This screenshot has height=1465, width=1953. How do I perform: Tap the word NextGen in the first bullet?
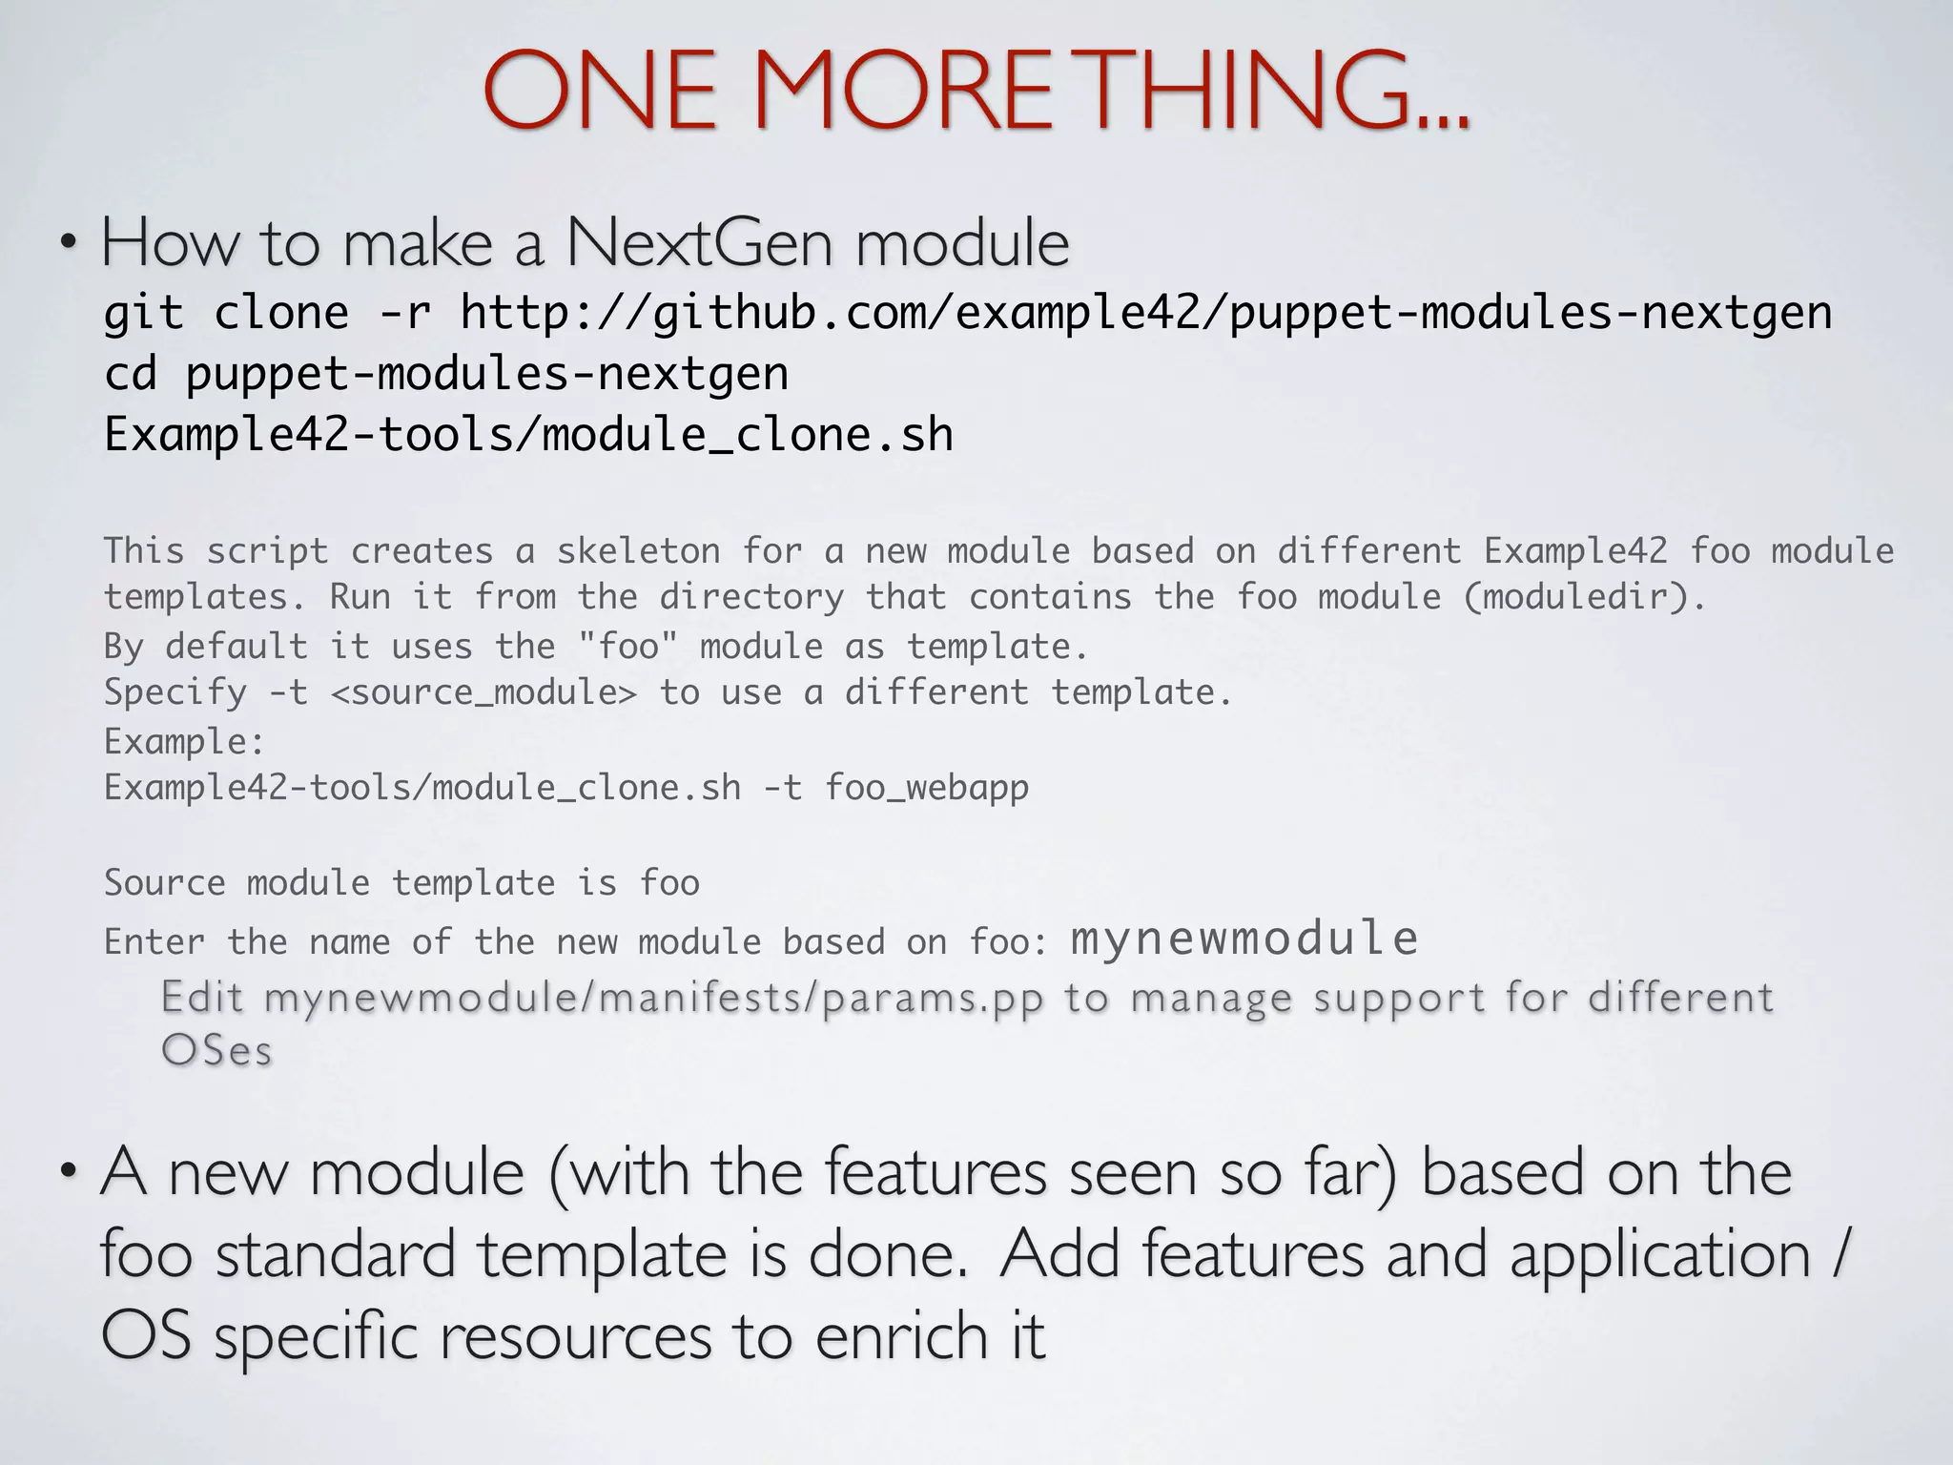[x=700, y=244]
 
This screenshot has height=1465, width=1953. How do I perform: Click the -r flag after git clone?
[x=404, y=313]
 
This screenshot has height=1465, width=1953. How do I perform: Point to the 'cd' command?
[x=131, y=374]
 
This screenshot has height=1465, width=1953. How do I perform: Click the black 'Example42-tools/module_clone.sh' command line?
[x=529, y=435]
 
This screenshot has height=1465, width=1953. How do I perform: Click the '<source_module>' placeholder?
[x=483, y=692]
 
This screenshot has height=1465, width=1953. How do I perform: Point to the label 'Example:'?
[x=184, y=741]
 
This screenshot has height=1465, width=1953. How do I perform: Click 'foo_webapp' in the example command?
[x=927, y=788]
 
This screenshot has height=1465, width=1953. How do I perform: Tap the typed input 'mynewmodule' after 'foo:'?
[x=1244, y=939]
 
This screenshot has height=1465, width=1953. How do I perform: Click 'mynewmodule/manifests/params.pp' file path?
[x=653, y=998]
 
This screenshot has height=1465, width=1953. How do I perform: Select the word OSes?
[x=216, y=1051]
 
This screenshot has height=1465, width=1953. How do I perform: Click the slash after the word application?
[x=1840, y=1255]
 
